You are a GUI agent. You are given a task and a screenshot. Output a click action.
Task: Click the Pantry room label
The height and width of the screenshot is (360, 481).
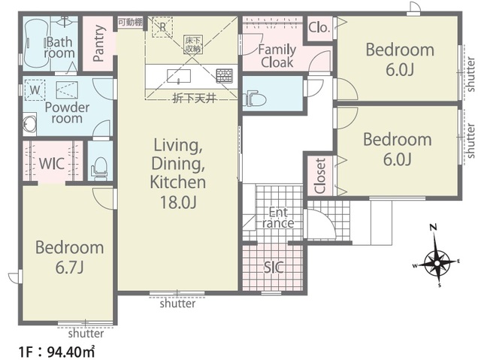98,44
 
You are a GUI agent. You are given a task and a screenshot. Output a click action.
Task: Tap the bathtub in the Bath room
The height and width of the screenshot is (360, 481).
36,43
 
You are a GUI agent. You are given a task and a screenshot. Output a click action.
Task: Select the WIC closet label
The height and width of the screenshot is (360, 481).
52,164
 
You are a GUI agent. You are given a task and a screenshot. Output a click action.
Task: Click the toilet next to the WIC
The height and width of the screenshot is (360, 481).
99,169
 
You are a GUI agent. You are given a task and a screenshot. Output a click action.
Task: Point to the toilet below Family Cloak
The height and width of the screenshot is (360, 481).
255,98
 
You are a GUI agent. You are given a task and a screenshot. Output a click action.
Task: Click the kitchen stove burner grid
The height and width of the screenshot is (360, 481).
225,76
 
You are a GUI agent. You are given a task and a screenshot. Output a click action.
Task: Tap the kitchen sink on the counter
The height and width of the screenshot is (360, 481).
179,76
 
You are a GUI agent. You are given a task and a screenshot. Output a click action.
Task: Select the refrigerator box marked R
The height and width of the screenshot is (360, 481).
162,27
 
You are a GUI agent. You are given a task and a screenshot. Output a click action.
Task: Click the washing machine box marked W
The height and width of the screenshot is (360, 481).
35,90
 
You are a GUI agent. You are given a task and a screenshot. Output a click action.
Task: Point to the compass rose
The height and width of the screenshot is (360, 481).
436,263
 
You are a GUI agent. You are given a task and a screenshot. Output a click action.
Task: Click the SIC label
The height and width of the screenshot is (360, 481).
274,268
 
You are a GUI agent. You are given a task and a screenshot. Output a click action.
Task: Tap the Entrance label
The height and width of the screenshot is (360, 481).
278,217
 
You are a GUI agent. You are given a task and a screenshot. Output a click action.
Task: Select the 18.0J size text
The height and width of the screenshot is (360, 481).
178,202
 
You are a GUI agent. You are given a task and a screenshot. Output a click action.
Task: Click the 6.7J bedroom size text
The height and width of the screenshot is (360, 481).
69,268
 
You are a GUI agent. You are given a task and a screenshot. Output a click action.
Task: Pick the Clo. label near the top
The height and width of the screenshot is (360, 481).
319,28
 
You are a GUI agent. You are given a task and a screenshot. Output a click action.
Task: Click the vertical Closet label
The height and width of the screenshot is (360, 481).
320,176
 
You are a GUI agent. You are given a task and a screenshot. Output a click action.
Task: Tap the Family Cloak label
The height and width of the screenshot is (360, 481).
277,56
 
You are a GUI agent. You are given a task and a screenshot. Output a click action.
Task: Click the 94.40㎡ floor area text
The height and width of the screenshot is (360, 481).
71,352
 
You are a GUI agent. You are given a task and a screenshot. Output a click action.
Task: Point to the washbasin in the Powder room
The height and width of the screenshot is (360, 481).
30,124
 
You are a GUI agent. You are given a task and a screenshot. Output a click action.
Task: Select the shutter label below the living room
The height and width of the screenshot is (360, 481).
177,304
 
